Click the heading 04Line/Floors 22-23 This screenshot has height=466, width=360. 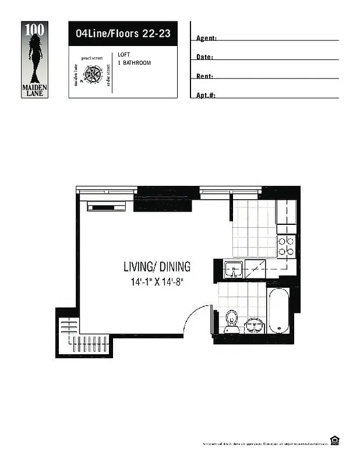[123, 34]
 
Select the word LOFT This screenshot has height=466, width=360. [123, 55]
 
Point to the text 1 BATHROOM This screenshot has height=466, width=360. [134, 62]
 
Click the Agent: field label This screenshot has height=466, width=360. [206, 38]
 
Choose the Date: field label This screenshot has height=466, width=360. [204, 57]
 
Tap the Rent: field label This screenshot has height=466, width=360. [204, 76]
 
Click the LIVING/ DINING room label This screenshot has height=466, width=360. [157, 267]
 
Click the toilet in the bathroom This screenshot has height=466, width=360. [232, 321]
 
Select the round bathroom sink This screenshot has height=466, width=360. [254, 324]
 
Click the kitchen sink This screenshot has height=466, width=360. [234, 270]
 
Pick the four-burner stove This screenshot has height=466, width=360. [286, 246]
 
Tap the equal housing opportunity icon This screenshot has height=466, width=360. [334, 440]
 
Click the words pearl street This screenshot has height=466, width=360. [92, 59]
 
